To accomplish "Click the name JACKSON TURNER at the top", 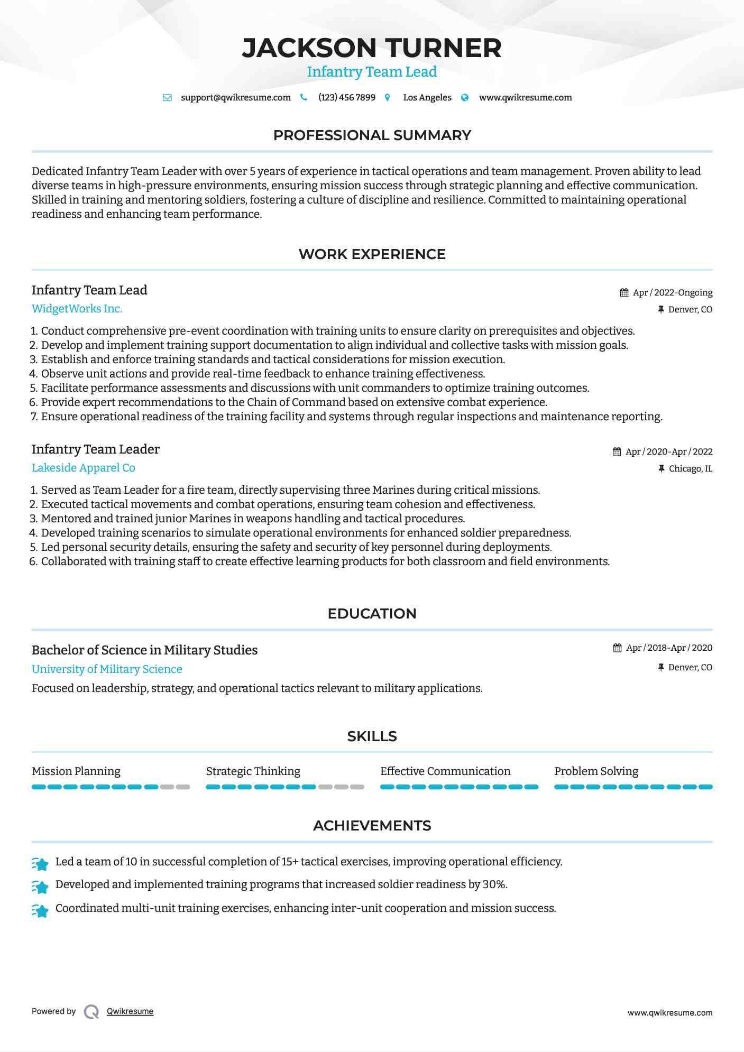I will tap(372, 48).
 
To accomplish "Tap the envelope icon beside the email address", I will tap(167, 98).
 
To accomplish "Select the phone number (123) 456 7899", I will tap(347, 98).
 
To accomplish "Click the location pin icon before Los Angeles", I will tap(388, 98).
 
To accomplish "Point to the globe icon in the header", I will tap(465, 98).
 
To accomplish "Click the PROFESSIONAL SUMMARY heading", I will tap(372, 135).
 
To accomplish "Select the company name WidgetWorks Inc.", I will tap(77, 309).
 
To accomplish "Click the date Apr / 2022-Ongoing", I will tap(673, 293).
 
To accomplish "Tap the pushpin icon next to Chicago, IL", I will tap(661, 468).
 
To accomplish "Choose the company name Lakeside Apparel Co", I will tap(84, 468).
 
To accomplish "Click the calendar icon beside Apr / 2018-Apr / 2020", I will tap(617, 648).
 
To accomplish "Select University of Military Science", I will tap(107, 669).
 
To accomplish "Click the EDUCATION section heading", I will tap(372, 614).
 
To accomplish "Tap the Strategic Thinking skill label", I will tap(253, 771).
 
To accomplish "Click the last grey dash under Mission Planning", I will tap(183, 787).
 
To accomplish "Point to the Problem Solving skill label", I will tap(596, 771).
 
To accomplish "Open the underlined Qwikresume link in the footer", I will tap(130, 1011).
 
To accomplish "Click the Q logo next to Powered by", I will tap(91, 1012).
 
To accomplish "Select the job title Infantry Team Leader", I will tap(96, 449).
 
